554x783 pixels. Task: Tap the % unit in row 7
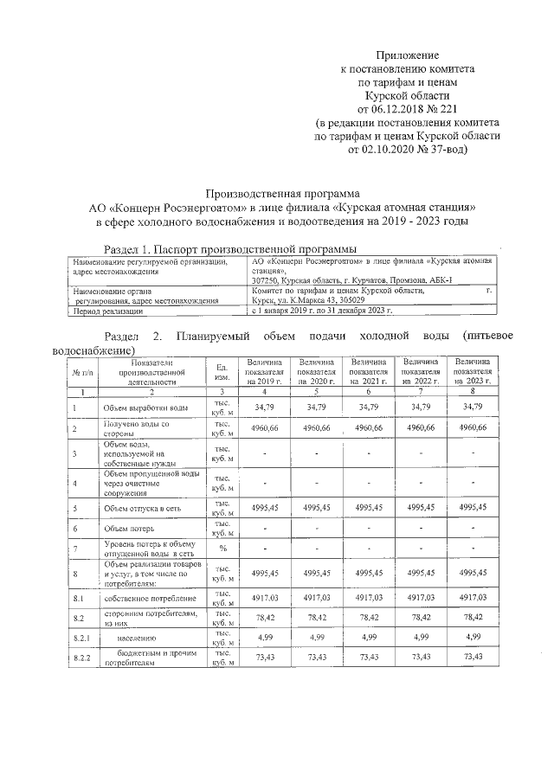pos(222,549)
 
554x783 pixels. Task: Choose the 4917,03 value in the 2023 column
pos(473,596)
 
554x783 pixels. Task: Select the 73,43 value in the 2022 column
pos(421,658)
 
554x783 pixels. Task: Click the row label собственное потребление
pos(142,597)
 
